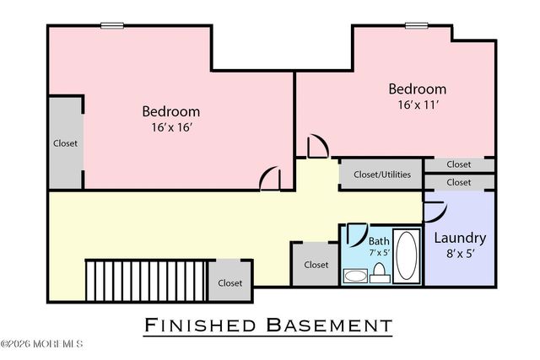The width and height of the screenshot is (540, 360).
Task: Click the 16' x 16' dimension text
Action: (x=170, y=127)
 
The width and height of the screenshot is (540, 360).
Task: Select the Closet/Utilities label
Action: (x=382, y=175)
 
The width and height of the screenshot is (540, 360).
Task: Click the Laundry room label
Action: (x=460, y=237)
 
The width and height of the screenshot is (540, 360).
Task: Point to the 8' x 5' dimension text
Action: (x=460, y=254)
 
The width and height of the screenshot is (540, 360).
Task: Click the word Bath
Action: (x=379, y=240)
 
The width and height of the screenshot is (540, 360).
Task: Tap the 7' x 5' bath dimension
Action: (x=379, y=252)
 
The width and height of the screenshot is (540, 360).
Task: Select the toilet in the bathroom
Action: (x=380, y=271)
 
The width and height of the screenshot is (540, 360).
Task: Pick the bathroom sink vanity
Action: (x=355, y=275)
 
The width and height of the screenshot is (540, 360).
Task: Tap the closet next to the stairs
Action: (x=230, y=283)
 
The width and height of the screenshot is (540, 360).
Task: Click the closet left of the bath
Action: (x=316, y=265)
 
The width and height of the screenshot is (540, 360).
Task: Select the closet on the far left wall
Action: (x=64, y=143)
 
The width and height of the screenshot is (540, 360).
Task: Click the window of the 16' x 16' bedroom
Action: (x=112, y=25)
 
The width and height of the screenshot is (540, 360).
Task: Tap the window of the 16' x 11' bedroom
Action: (x=416, y=25)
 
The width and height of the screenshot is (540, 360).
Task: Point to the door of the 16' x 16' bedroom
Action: (x=271, y=180)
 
